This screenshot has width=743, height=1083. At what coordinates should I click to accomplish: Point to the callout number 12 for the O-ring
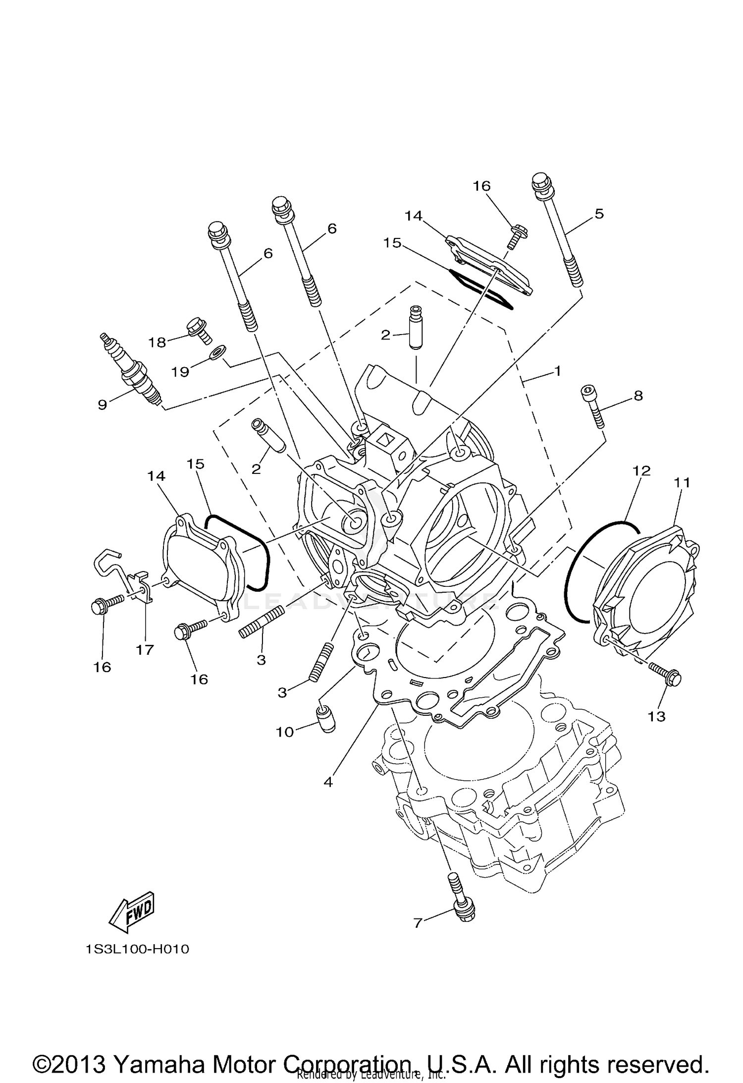coord(641,470)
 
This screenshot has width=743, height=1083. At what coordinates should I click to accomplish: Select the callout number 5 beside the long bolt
coord(599,214)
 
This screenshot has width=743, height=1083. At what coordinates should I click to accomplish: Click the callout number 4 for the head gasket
coord(328,782)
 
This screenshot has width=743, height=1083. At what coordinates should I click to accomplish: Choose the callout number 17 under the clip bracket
coord(145,649)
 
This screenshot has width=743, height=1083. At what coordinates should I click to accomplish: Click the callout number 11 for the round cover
coord(682,482)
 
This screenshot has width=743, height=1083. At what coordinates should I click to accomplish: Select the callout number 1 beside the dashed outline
coord(557,371)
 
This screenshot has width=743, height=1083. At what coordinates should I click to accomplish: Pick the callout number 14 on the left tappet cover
coord(156,476)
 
